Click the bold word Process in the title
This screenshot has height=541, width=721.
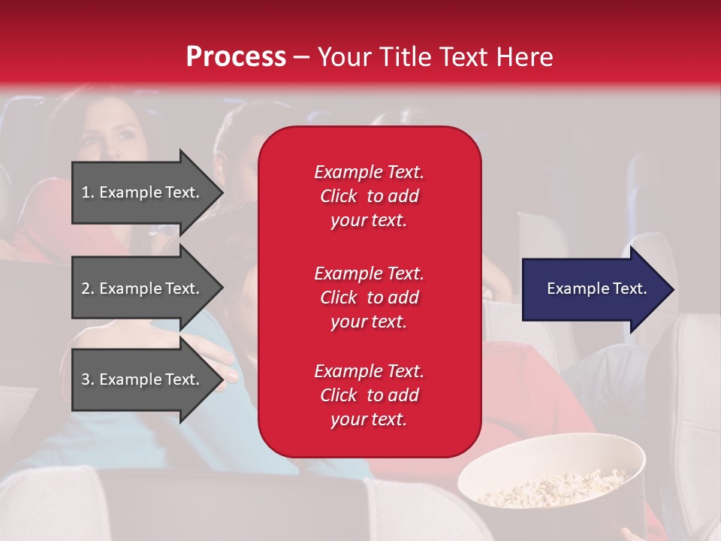(236, 57)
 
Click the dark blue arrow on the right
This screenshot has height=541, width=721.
(593, 289)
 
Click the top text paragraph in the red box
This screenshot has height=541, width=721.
(369, 196)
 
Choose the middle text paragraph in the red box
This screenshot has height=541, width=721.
(369, 298)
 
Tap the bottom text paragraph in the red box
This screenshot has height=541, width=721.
(369, 395)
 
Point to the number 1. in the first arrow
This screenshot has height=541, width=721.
(88, 192)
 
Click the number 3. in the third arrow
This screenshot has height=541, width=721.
(88, 379)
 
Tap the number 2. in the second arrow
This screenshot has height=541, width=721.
(88, 289)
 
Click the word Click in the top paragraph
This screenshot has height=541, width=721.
(339, 196)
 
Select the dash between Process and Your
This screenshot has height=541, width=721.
(301, 57)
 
